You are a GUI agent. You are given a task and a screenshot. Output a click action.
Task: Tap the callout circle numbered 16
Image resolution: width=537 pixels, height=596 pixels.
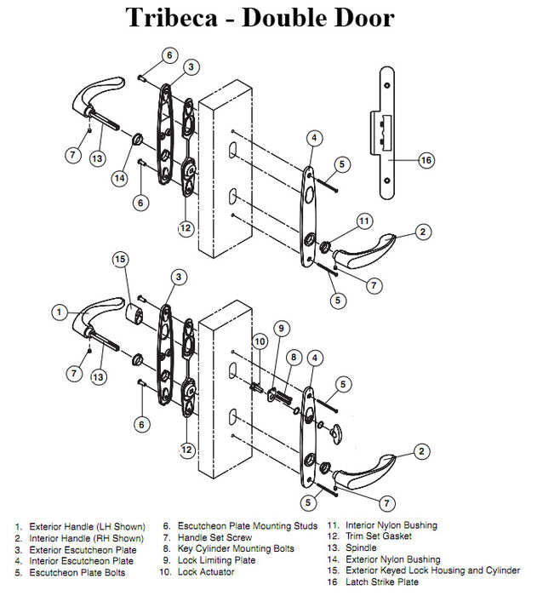(x=426, y=159)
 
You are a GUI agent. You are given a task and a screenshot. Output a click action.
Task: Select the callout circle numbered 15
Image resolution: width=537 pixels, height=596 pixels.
(x=121, y=259)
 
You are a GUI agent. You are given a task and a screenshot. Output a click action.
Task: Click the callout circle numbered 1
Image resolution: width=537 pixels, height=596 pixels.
(x=60, y=312)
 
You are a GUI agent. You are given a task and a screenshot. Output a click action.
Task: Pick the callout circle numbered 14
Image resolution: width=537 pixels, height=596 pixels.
(x=120, y=178)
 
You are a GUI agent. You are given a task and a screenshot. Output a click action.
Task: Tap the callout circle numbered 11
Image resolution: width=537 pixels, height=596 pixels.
(x=363, y=221)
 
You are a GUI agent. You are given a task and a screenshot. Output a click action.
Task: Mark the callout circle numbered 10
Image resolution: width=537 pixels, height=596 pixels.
(x=260, y=341)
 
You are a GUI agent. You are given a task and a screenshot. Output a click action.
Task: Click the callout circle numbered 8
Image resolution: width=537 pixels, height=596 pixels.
(x=294, y=357)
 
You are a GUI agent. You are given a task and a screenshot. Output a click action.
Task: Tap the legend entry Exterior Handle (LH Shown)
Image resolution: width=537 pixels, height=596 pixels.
(x=80, y=527)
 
